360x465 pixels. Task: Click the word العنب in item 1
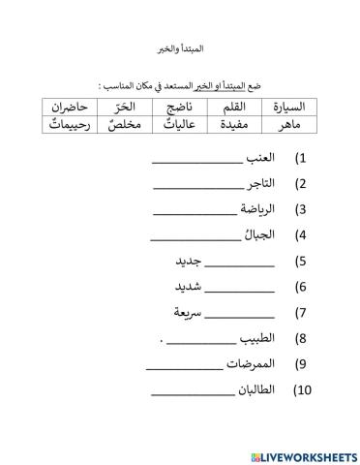click(x=259, y=157)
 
